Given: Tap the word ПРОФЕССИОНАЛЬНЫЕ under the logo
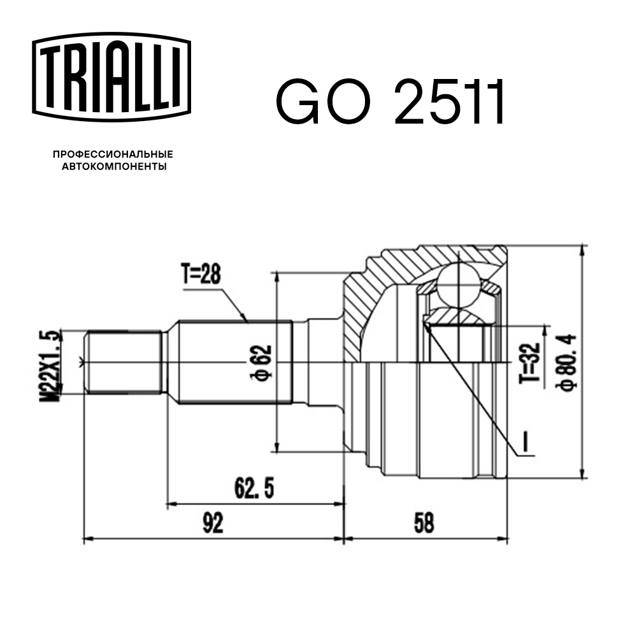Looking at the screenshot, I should tap(113, 155).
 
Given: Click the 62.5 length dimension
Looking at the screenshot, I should tap(254, 489).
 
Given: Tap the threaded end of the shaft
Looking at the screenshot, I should tap(123, 363).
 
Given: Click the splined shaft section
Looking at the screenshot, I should tap(234, 363).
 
